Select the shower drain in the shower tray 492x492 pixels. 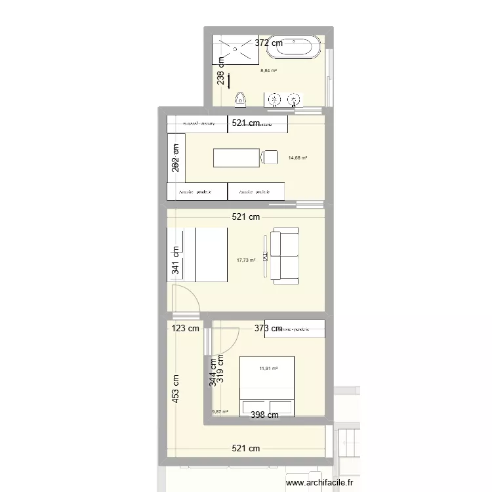pyautogui.click(x=234, y=48)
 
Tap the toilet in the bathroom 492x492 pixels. pyautogui.click(x=241, y=98)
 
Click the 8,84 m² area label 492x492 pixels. pyautogui.click(x=268, y=71)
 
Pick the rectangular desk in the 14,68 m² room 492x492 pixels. pyautogui.click(x=236, y=157)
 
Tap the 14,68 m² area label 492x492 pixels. pyautogui.click(x=298, y=157)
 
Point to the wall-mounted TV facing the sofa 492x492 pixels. pyautogui.click(x=265, y=256)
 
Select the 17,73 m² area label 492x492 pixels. pyautogui.click(x=246, y=260)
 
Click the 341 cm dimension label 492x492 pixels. pyautogui.click(x=175, y=260)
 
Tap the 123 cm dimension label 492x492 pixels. pyautogui.click(x=186, y=329)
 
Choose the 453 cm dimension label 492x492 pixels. pyautogui.click(x=175, y=388)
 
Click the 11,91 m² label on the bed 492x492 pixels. pyautogui.click(x=268, y=369)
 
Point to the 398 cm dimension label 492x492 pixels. pyautogui.click(x=265, y=414)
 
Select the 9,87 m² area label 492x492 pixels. pyautogui.click(x=220, y=412)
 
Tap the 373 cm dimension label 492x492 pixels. pyautogui.click(x=268, y=329)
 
